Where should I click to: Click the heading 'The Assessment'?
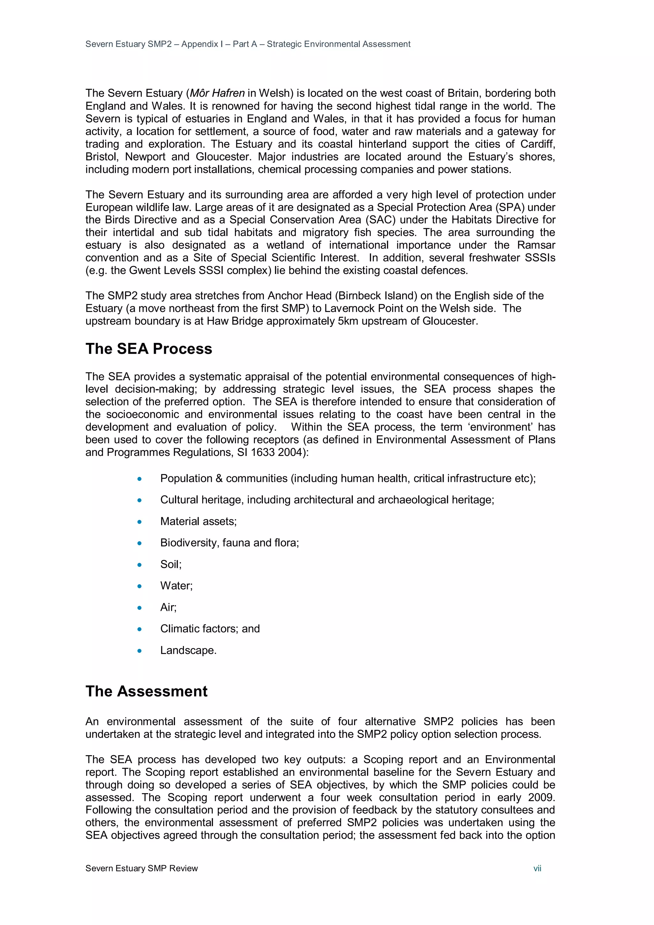tap(146, 691)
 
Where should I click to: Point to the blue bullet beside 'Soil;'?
tap(140, 565)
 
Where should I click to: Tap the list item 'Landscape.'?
tap(188, 650)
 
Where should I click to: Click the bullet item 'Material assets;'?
tap(198, 521)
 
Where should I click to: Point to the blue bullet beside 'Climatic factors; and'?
tap(140, 629)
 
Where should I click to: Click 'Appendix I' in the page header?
tap(202, 44)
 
